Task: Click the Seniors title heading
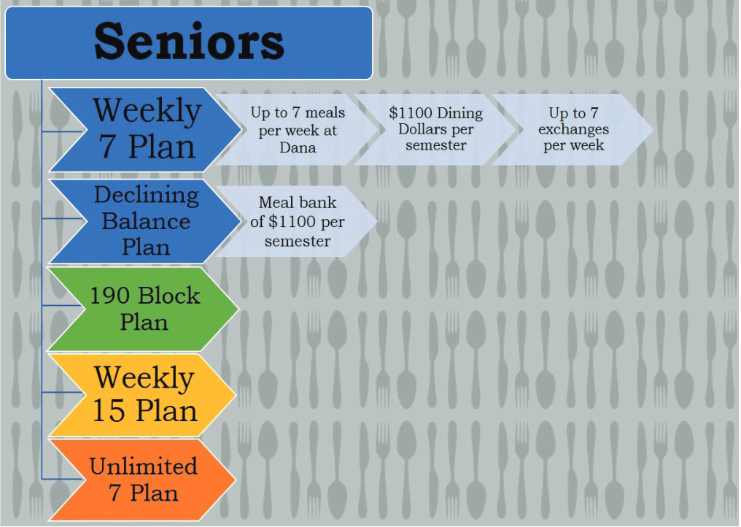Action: pyautogui.click(x=189, y=42)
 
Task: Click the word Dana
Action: pyautogui.click(x=298, y=147)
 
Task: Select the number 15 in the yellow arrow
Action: pyautogui.click(x=109, y=409)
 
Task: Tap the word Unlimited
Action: pyautogui.click(x=143, y=466)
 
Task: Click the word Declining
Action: pyautogui.click(x=147, y=196)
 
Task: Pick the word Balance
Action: pyautogui.click(x=146, y=221)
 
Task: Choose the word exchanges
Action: pyautogui.click(x=574, y=130)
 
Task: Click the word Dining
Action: pyautogui.click(x=459, y=114)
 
